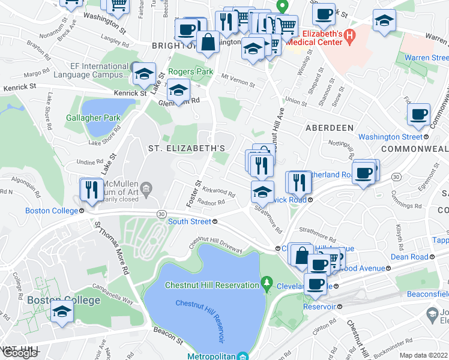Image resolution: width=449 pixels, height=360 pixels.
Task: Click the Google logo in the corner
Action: point(19,353)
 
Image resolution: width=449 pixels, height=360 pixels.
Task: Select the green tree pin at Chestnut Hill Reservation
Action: point(267,282)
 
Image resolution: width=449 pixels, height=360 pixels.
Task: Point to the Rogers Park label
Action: point(190,71)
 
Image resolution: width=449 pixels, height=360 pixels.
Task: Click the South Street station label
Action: point(189,221)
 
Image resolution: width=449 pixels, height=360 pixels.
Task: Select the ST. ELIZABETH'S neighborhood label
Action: point(187,148)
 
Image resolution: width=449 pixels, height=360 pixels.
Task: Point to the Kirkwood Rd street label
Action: point(218,191)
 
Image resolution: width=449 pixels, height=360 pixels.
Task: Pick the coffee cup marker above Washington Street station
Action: point(418,115)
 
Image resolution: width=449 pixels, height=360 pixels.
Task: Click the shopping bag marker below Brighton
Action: point(207,43)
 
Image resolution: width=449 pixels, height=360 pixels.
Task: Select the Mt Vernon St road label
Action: point(238,77)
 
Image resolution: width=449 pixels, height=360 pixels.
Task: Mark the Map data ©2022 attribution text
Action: point(423,355)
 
